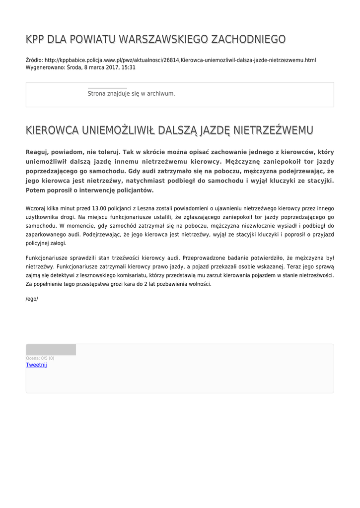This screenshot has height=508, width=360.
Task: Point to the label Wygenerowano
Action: (45, 67)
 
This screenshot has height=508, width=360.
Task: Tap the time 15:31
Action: (129, 67)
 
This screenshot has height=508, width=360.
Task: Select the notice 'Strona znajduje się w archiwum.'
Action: (131, 93)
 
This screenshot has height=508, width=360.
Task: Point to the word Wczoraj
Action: (37, 208)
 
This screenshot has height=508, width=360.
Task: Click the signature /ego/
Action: (32, 299)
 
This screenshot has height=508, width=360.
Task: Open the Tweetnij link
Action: (36, 365)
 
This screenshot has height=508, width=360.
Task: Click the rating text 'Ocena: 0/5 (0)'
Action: (40, 358)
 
